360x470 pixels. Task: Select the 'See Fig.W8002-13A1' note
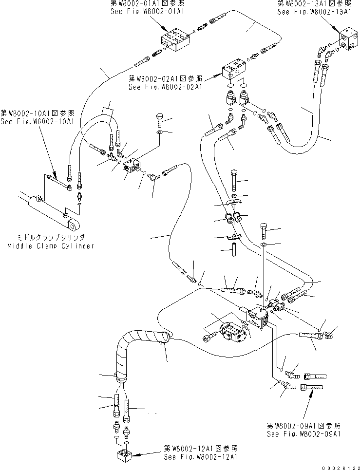[x=307, y=12]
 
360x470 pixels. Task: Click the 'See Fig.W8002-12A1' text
[x=200, y=457]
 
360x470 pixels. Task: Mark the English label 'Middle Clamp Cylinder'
[x=51, y=246]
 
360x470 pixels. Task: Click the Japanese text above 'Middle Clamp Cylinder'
[x=51, y=238]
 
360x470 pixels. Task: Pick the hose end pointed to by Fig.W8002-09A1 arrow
[x=312, y=387]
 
